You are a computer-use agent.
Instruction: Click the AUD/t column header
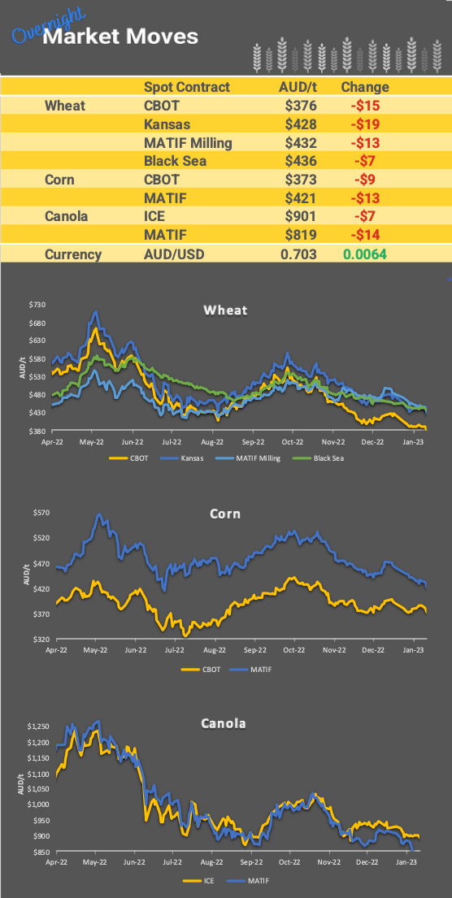tap(298, 87)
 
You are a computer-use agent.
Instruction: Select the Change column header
tap(364, 87)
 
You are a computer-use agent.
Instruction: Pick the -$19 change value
tap(364, 124)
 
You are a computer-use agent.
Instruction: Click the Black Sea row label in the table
tap(175, 161)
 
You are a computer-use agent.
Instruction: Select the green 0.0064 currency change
tap(364, 254)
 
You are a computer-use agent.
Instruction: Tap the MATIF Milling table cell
tap(188, 142)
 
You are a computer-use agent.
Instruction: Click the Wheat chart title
tap(225, 310)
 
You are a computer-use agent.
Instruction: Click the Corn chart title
tap(225, 514)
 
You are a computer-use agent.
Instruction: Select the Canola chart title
tap(225, 722)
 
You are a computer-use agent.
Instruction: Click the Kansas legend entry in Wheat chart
tap(193, 458)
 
